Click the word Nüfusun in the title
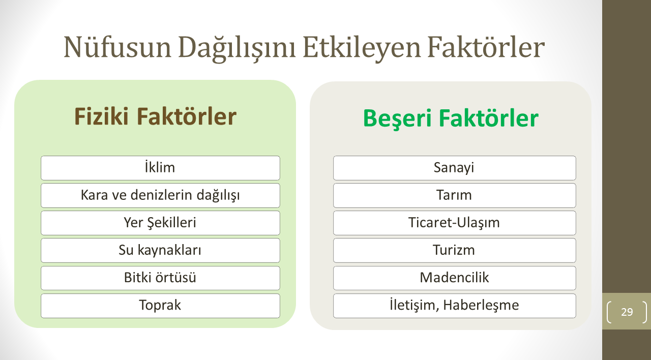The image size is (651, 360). click(x=117, y=47)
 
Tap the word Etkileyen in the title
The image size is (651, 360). click(x=362, y=48)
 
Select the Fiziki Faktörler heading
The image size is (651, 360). click(x=155, y=116)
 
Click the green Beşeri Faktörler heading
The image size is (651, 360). click(x=451, y=118)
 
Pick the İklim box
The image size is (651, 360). click(x=160, y=168)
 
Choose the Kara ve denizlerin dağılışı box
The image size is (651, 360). click(x=160, y=195)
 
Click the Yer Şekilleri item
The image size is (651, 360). click(x=160, y=223)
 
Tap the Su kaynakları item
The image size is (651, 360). click(x=160, y=251)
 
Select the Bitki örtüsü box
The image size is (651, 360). click(x=160, y=278)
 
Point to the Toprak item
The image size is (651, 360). click(x=160, y=306)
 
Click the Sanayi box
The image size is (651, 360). click(x=455, y=168)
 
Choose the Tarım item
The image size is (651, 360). click(x=455, y=195)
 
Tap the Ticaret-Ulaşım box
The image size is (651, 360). click(x=455, y=223)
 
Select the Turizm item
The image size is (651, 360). click(x=455, y=251)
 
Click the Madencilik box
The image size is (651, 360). click(x=455, y=278)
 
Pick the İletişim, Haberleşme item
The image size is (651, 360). click(x=455, y=306)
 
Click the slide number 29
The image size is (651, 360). click(x=627, y=312)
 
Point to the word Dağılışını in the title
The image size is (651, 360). click(x=237, y=48)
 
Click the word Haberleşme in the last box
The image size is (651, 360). click(x=481, y=306)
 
